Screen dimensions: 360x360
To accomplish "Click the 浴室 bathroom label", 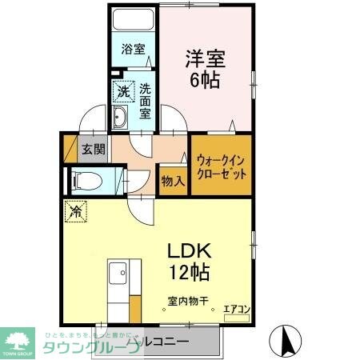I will [133, 50].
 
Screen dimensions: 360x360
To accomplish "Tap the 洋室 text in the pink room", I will [206, 58].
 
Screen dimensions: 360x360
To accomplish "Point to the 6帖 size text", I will [206, 81].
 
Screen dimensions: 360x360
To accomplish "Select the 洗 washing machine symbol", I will [122, 91].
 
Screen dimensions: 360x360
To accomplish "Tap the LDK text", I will [189, 250].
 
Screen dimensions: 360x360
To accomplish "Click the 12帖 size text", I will [189, 272].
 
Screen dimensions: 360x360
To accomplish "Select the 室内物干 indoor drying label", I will [189, 302].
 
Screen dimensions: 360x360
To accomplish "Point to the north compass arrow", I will [286, 342].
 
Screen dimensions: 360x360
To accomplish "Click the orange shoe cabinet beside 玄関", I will [69, 148].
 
